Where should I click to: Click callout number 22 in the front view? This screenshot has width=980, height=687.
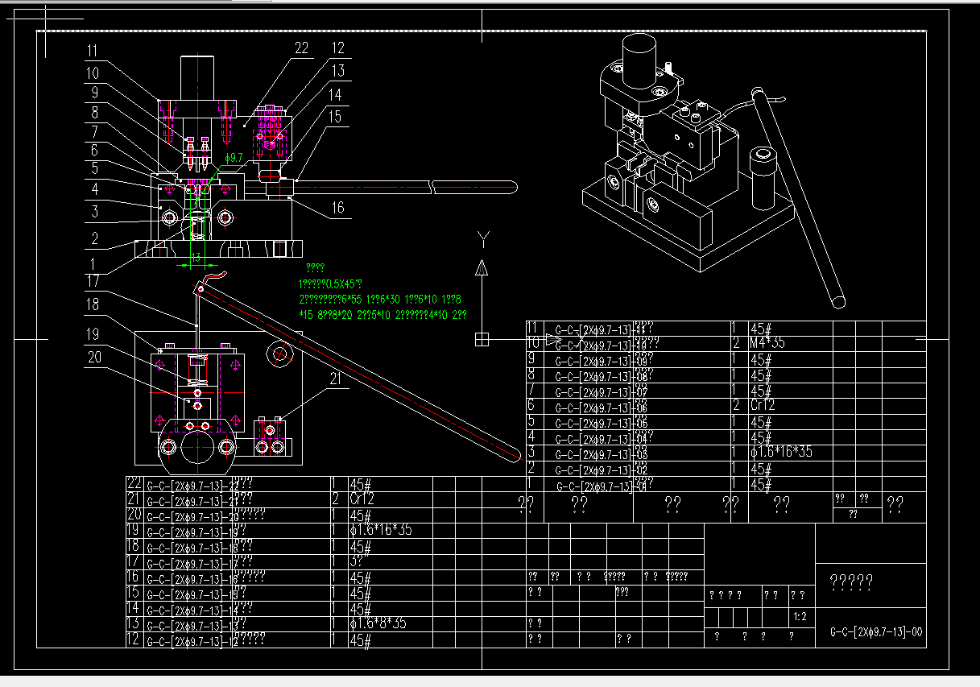[x=300, y=49]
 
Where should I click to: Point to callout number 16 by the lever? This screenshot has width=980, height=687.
[x=337, y=208]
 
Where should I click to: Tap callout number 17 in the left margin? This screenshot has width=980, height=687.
[x=93, y=282]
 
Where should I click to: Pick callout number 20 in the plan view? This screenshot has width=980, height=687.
[x=94, y=357]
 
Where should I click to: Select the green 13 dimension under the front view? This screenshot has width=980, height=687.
[x=196, y=258]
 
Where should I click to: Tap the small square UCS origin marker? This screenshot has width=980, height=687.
[x=482, y=339]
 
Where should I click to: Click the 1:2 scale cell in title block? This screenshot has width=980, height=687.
[x=800, y=617]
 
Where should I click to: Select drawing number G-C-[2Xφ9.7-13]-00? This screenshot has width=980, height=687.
[x=876, y=632]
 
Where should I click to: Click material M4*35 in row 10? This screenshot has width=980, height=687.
[x=768, y=343]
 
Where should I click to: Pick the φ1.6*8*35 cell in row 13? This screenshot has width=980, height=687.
[x=378, y=623]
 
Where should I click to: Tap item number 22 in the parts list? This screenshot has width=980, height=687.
[x=134, y=484]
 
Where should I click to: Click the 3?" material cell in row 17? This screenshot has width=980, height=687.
[x=359, y=561]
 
